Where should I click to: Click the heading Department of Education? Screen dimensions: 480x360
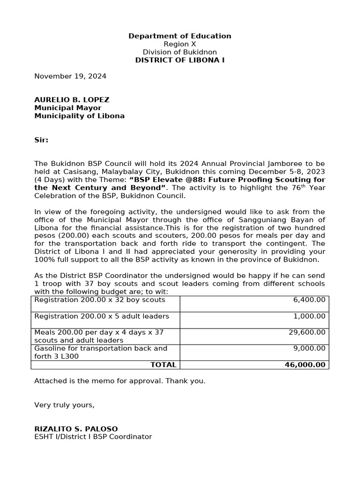(x=180, y=36)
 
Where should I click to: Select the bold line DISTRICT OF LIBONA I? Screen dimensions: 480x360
(x=180, y=60)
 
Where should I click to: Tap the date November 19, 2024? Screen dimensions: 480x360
(x=70, y=76)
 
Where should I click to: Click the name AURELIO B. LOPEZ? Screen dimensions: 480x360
(x=72, y=100)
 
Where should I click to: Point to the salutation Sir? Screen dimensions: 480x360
(x=41, y=140)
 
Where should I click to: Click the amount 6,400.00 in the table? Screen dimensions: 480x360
(x=309, y=300)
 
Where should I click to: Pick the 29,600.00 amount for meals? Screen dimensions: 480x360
(x=307, y=332)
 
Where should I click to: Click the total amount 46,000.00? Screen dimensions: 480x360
(x=305, y=365)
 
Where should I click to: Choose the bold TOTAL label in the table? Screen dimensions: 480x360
(x=163, y=365)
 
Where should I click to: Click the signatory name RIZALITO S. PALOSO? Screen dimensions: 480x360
(x=76, y=429)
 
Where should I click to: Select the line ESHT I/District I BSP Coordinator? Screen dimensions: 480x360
(x=93, y=437)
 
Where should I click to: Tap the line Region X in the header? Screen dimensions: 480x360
(x=180, y=44)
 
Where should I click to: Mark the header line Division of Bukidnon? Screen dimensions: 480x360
(x=180, y=52)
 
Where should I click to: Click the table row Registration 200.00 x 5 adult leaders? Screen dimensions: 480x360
(x=102, y=316)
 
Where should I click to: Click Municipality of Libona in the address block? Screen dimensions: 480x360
(x=79, y=116)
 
